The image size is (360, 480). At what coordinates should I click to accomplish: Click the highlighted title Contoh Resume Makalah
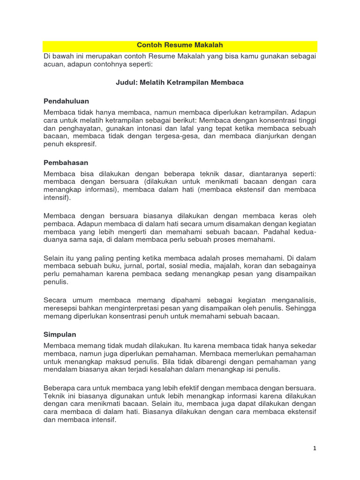[x=180, y=45]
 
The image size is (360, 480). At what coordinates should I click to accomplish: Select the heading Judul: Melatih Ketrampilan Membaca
[x=180, y=82]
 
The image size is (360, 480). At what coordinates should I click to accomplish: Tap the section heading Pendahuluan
[x=66, y=101]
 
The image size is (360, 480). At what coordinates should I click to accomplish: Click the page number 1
[x=315, y=448]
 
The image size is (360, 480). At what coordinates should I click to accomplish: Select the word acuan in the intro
[x=53, y=65]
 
